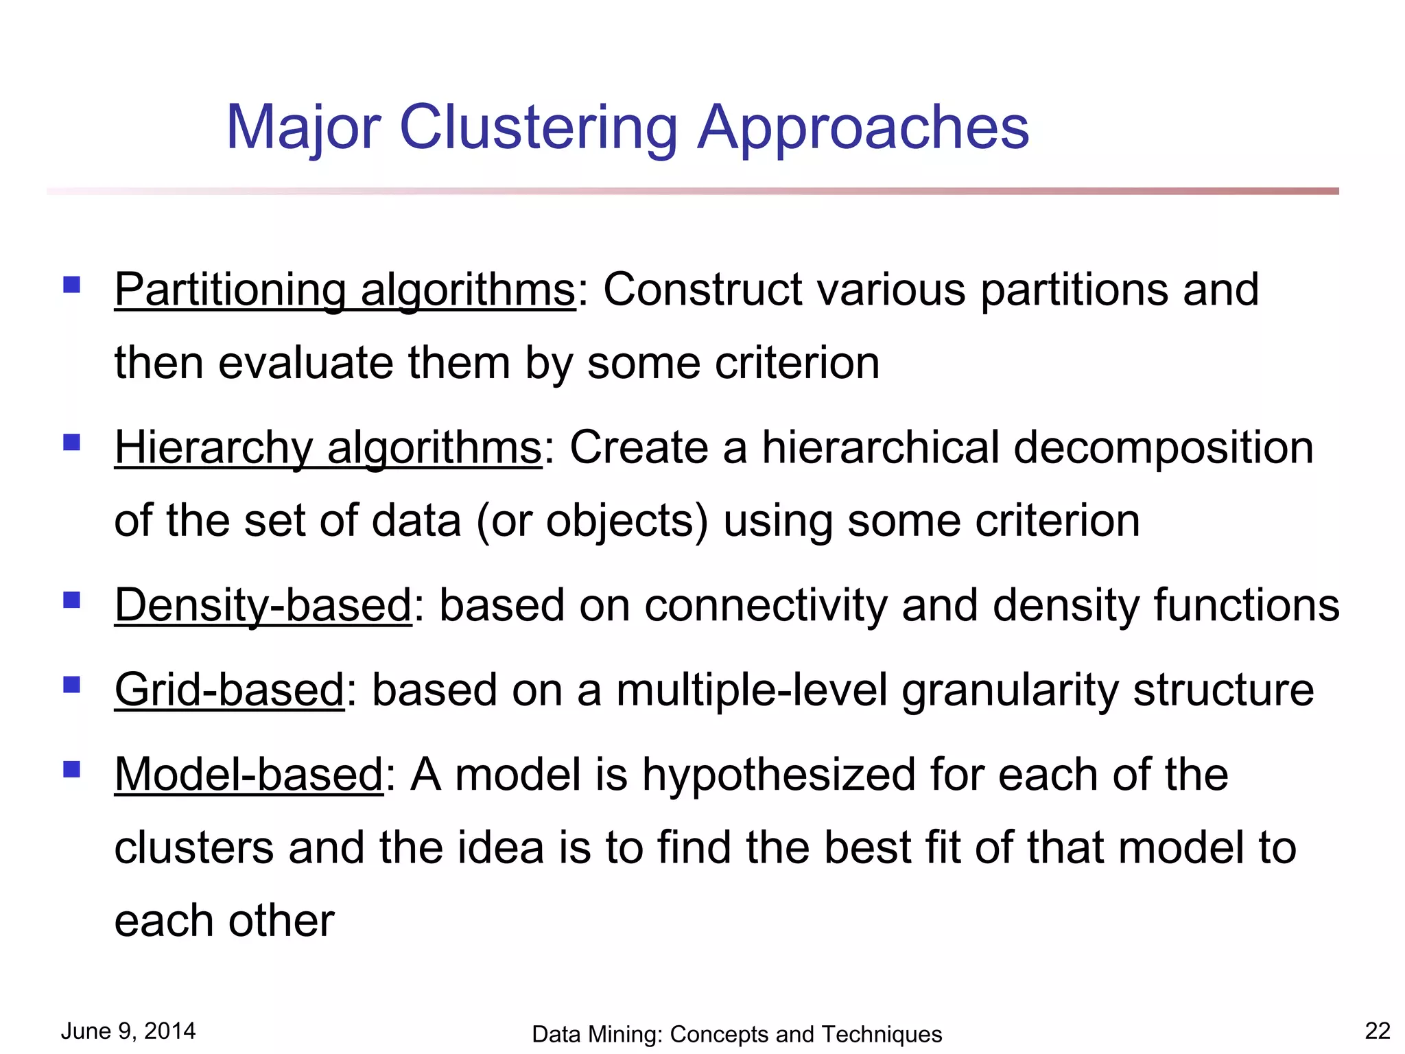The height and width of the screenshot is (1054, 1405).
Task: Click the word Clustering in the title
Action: pos(538,128)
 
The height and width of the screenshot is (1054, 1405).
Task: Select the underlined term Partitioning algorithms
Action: pos(344,290)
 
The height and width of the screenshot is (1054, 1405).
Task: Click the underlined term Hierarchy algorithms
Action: pos(328,448)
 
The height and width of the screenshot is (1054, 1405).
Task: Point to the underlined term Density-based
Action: pos(263,606)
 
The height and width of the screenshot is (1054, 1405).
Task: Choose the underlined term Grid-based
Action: pos(229,690)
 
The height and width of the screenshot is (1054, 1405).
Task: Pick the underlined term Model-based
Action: pos(248,775)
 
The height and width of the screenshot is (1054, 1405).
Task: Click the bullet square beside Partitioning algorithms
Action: pos(72,284)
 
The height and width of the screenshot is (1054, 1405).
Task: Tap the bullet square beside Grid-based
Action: pos(72,684)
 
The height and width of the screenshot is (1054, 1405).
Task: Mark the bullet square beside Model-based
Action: pos(72,769)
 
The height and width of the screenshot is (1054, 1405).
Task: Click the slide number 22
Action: pos(1378,1031)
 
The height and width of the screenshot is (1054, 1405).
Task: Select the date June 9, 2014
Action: pos(128,1031)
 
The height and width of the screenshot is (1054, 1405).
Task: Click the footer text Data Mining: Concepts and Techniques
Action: pos(737,1034)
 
